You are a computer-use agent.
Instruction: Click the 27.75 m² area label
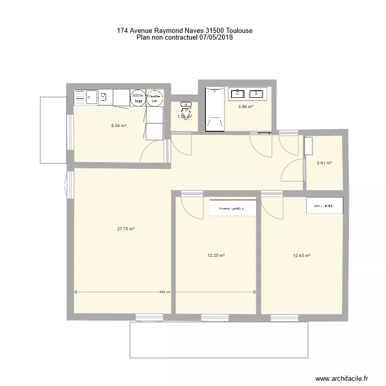click(x=126, y=229)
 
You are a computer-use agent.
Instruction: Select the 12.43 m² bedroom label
click(x=301, y=255)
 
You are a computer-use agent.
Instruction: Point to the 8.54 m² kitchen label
click(x=119, y=125)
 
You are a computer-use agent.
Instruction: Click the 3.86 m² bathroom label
click(x=245, y=107)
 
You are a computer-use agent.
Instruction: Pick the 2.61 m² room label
click(x=324, y=163)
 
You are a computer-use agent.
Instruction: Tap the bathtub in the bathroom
click(x=214, y=109)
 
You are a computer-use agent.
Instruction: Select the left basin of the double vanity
click(x=238, y=94)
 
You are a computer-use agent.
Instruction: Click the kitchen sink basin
click(x=92, y=96)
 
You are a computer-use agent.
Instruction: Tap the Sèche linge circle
click(x=138, y=97)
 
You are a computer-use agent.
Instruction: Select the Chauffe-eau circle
click(x=154, y=97)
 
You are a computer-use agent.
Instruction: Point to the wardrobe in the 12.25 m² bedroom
click(x=233, y=208)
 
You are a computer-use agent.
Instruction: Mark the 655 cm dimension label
click(x=165, y=292)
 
